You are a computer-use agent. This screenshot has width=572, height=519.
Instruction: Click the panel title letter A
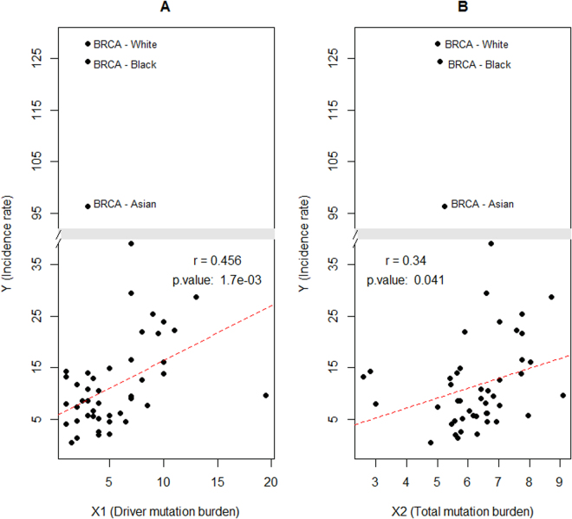coord(165,8)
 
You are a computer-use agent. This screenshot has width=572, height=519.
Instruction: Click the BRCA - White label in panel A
coord(125,44)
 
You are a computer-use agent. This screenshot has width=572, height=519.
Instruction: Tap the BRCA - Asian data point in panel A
coord(88,206)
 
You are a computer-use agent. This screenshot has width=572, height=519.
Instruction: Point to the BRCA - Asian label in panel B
coord(482,205)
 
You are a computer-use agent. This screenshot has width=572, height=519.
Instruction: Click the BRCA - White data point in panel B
coord(438,43)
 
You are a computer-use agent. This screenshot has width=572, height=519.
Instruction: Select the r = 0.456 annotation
coord(218,260)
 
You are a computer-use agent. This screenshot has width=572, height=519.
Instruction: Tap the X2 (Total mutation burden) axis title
coord(462,509)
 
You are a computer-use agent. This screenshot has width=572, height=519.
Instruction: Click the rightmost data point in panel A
coord(266,395)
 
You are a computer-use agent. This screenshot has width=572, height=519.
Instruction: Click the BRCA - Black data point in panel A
coord(88,62)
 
